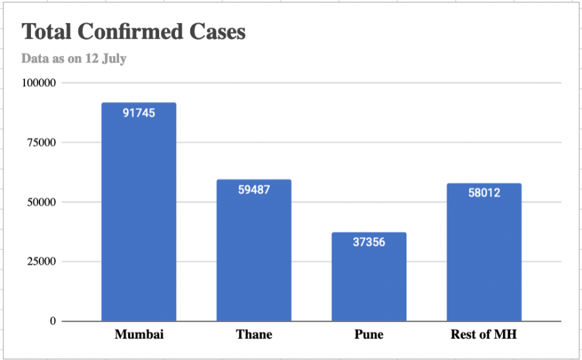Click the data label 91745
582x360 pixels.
coord(139,113)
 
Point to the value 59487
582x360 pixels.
coord(254,190)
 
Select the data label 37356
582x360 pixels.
coord(369,242)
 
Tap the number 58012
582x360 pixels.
coord(484,193)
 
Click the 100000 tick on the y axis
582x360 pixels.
coord(39,83)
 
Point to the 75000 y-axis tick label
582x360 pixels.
coord(41,143)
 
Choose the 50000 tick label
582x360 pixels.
coord(41,202)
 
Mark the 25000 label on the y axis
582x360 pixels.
coord(41,262)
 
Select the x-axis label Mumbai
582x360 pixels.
coord(139,334)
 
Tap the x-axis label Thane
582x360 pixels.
coord(254,334)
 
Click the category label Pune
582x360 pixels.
coord(369,334)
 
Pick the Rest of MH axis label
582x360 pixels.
coord(483,334)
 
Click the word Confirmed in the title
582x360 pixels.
coord(144,31)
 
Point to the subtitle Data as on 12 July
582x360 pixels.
coord(74,59)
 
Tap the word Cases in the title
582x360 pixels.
coord(219,31)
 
